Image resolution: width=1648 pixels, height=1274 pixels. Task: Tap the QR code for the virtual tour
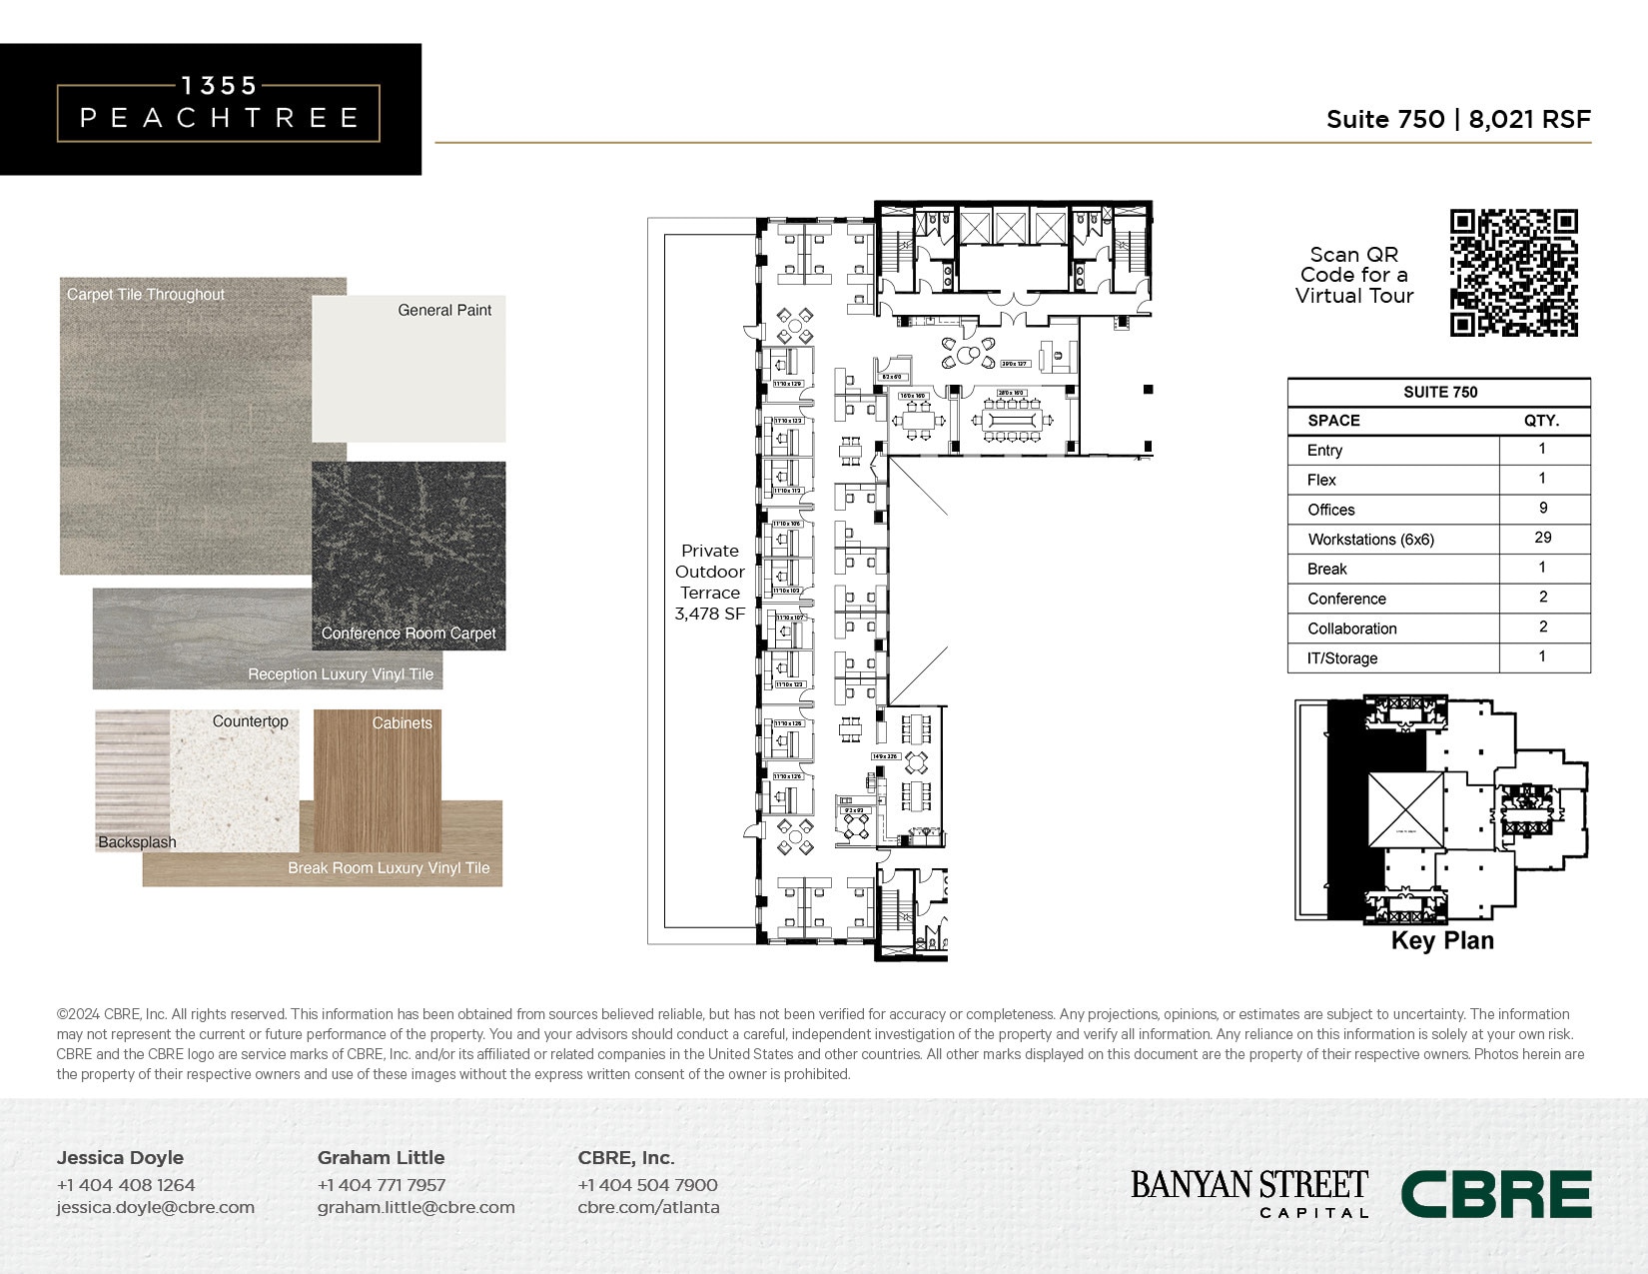tap(1513, 273)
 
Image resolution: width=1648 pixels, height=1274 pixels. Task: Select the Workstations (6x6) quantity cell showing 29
tap(1542, 538)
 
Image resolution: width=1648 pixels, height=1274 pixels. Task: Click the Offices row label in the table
tap(1331, 510)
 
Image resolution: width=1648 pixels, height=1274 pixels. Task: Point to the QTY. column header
tap(1541, 421)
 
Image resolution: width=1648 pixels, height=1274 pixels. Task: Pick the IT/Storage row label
tap(1342, 658)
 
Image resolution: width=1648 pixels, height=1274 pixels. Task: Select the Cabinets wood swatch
tap(377, 779)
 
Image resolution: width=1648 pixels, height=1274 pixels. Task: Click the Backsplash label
tap(137, 842)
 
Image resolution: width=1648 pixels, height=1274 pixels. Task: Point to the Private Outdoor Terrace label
tap(710, 582)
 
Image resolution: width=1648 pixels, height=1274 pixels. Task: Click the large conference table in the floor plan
tap(1012, 419)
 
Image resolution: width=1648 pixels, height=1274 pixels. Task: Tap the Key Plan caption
tap(1442, 940)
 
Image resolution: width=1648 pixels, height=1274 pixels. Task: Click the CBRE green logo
tap(1495, 1194)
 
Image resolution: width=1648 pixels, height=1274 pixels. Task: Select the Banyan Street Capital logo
tap(1248, 1193)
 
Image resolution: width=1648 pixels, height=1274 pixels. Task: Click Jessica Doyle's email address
tap(156, 1207)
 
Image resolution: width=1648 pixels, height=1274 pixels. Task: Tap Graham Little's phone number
tap(382, 1185)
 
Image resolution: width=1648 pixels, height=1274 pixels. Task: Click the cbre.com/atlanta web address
tap(648, 1207)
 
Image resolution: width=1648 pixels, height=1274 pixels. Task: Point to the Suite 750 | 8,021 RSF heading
tap(1457, 119)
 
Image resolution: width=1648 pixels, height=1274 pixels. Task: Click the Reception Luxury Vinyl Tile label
tap(341, 674)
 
